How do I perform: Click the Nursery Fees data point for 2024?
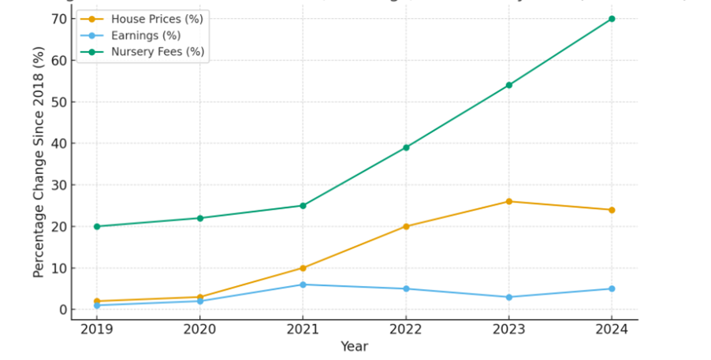pyautogui.click(x=612, y=19)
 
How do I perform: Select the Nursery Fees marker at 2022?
pyautogui.click(x=406, y=147)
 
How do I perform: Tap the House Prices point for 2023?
pyautogui.click(x=508, y=202)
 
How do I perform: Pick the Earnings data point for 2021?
pyautogui.click(x=303, y=284)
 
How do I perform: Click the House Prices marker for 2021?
pyautogui.click(x=303, y=268)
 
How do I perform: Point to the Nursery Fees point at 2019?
pyautogui.click(x=97, y=226)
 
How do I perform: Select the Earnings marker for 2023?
pyautogui.click(x=508, y=297)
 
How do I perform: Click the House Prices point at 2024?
pyautogui.click(x=612, y=210)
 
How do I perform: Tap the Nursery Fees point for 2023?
pyautogui.click(x=508, y=85)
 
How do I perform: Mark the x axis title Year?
pyautogui.click(x=354, y=347)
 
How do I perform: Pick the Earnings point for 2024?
pyautogui.click(x=612, y=288)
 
